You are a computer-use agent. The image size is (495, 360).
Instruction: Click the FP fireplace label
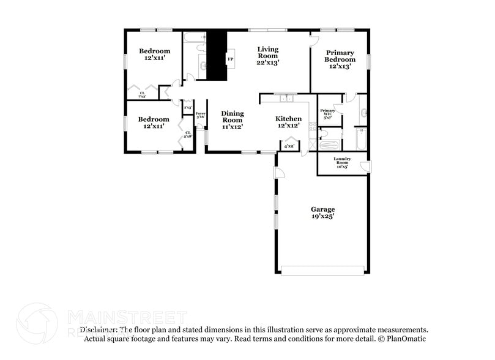click(x=231, y=59)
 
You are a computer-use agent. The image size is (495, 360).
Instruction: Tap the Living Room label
click(x=267, y=49)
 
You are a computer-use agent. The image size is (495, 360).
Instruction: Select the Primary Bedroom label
click(x=340, y=53)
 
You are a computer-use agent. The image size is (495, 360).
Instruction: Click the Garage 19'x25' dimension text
click(x=322, y=216)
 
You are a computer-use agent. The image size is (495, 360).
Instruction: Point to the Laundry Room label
click(x=341, y=159)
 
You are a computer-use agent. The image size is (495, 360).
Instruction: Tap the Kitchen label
click(x=288, y=119)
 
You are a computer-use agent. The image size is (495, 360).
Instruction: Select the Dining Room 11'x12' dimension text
click(x=232, y=127)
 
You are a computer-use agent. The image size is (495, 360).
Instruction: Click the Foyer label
click(x=200, y=113)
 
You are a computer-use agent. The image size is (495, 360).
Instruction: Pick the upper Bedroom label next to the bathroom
click(x=154, y=51)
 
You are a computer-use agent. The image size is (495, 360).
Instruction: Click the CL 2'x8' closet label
click(x=188, y=133)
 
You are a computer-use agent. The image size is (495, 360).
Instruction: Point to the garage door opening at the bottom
click(x=322, y=269)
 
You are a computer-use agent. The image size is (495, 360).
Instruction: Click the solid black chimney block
click(x=216, y=55)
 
